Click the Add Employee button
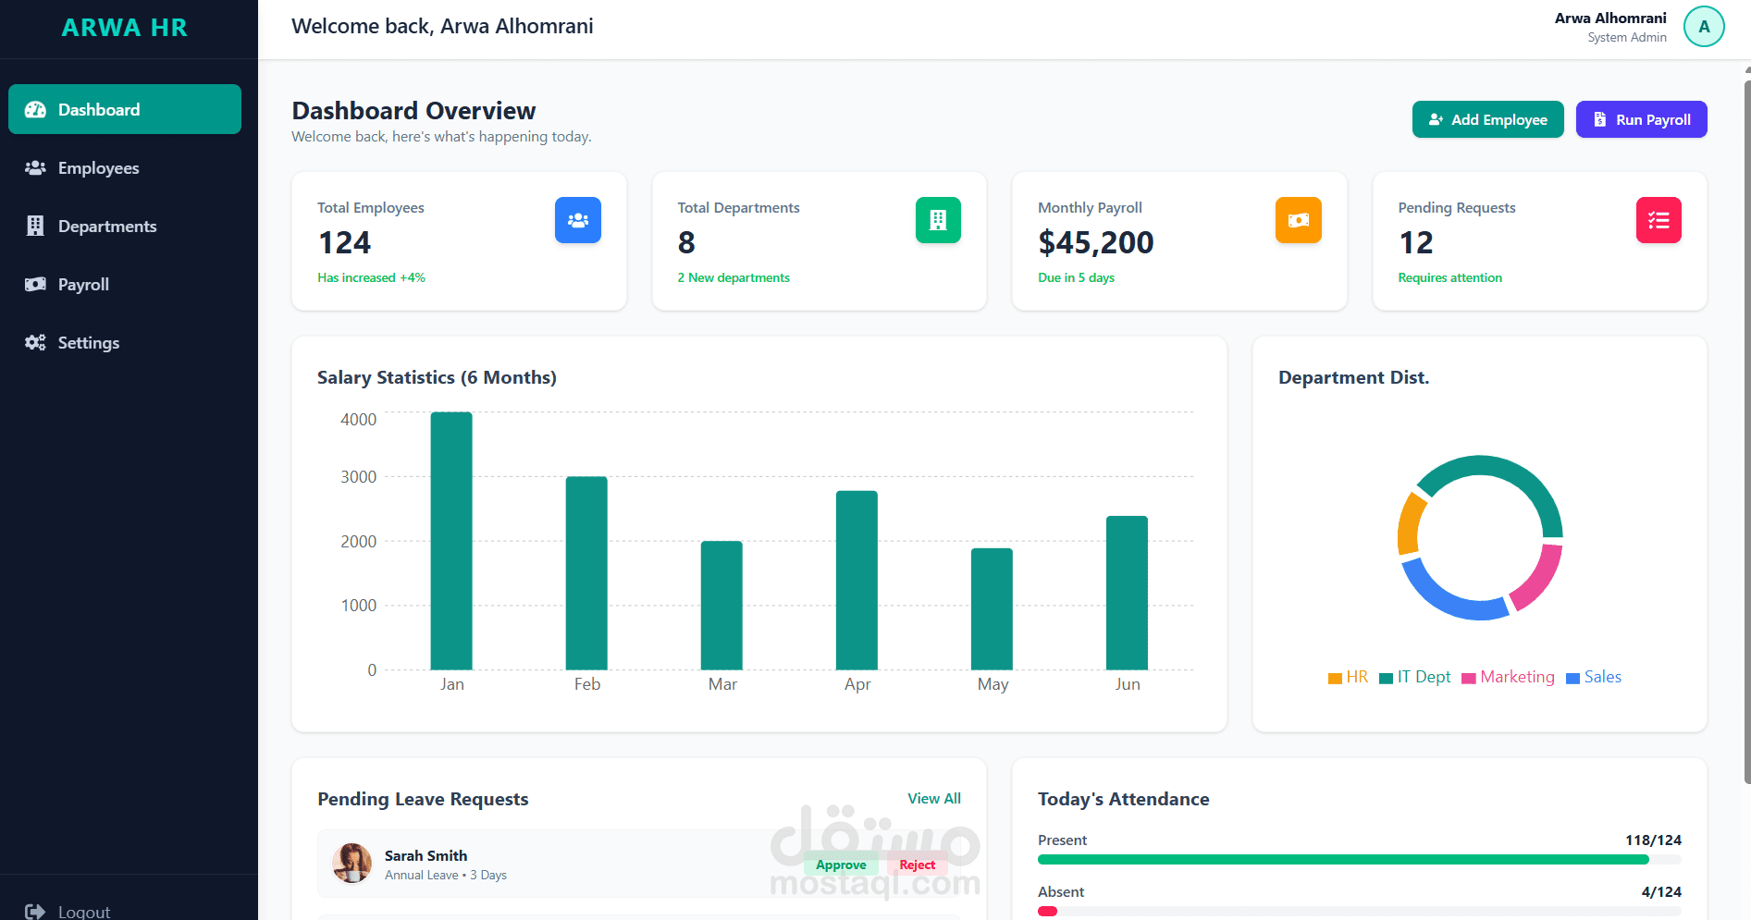click(x=1487, y=119)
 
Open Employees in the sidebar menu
click(x=98, y=168)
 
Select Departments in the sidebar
click(x=106, y=227)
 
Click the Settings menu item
click(x=88, y=343)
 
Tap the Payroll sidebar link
click(x=83, y=285)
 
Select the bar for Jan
click(x=451, y=541)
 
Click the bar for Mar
click(x=721, y=606)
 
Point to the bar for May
click(x=992, y=609)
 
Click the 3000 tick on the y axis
click(x=359, y=477)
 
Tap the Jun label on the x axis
click(x=1127, y=684)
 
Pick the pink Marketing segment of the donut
click(x=1539, y=578)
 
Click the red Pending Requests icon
click(x=1658, y=220)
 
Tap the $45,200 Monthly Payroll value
click(x=1095, y=242)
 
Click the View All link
click(x=933, y=798)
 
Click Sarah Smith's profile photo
click(x=351, y=864)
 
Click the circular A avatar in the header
click(x=1703, y=27)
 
